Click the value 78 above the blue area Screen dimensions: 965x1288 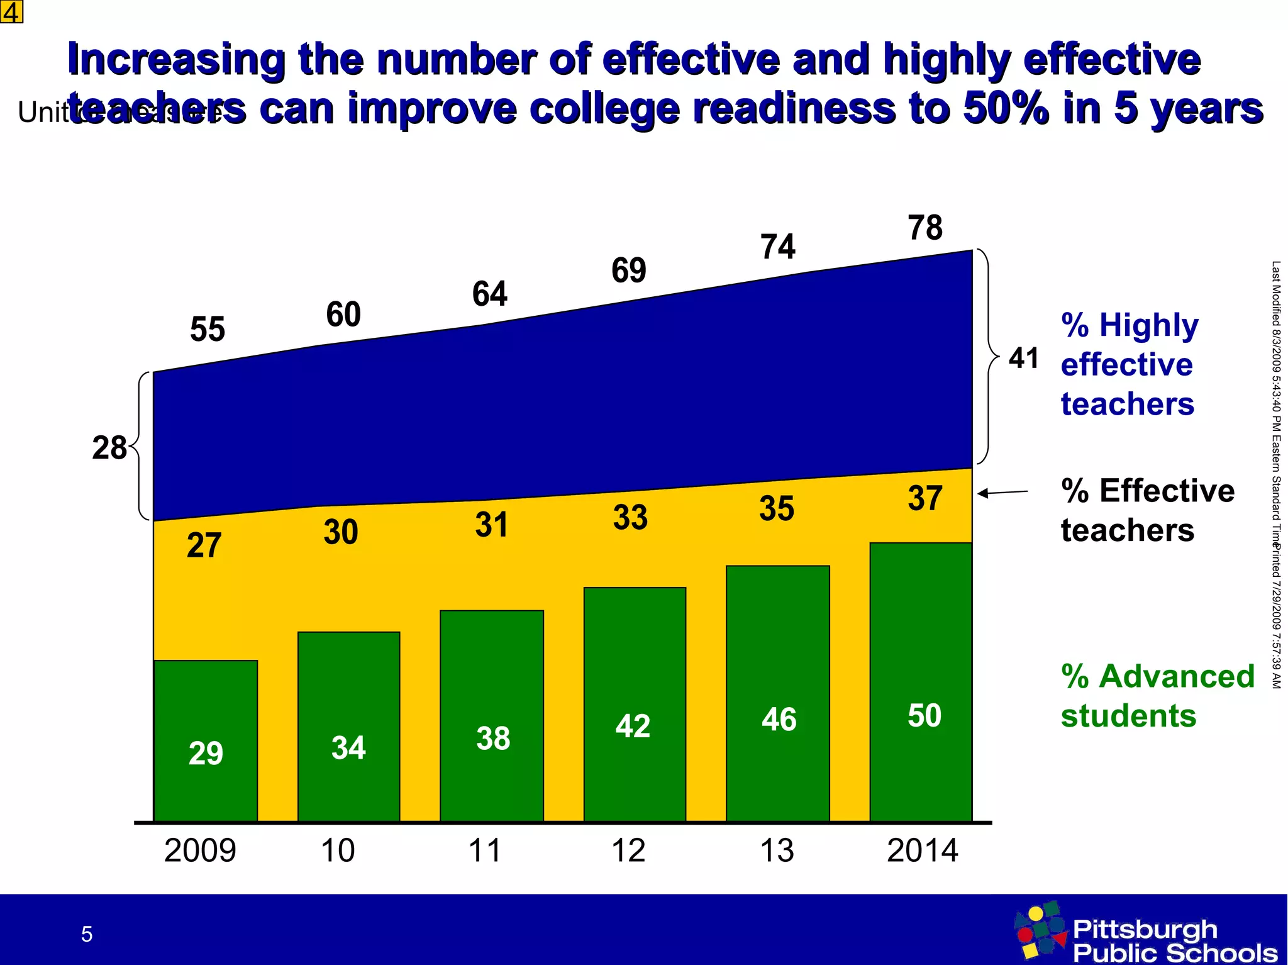pyautogui.click(x=924, y=228)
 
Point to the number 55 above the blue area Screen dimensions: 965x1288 pyautogui.click(x=207, y=329)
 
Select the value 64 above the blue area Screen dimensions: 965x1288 pyautogui.click(x=489, y=294)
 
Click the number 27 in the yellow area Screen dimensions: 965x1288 pyautogui.click(x=204, y=545)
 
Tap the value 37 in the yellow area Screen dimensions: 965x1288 pyautogui.click(x=924, y=498)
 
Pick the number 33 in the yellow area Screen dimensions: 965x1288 pyautogui.click(x=630, y=517)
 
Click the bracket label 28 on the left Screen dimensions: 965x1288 pyautogui.click(x=109, y=448)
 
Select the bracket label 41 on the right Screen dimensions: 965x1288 pyautogui.click(x=1023, y=358)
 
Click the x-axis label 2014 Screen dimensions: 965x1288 pyautogui.click(x=922, y=851)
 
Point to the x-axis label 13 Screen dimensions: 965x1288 pyautogui.click(x=777, y=851)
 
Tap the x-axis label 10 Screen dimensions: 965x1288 pyautogui.click(x=338, y=851)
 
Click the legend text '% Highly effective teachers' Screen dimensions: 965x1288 pyautogui.click(x=1129, y=364)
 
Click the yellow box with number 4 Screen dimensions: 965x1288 pyautogui.click(x=11, y=11)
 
